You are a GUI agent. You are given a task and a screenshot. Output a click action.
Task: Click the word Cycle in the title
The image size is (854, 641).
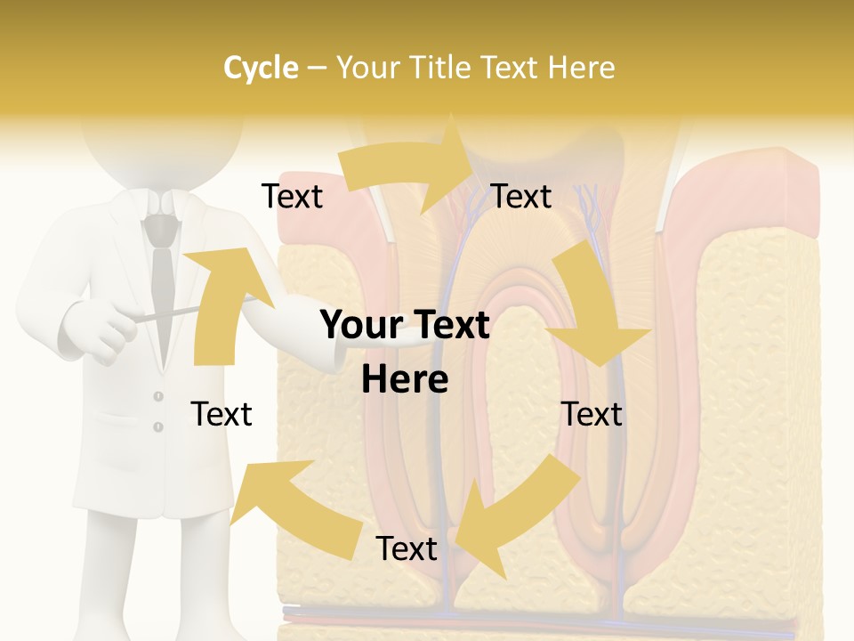tap(261, 68)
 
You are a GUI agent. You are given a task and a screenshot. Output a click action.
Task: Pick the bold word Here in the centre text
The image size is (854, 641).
tap(405, 379)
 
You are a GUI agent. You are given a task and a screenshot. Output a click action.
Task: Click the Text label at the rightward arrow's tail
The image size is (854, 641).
tap(292, 197)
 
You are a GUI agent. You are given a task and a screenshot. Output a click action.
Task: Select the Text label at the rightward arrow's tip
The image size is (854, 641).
tap(521, 197)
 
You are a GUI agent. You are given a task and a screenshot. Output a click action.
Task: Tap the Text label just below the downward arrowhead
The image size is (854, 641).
tap(592, 414)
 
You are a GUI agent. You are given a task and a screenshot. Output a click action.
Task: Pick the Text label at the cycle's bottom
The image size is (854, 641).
tap(407, 549)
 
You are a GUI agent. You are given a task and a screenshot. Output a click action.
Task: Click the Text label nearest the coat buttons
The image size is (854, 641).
tap(222, 414)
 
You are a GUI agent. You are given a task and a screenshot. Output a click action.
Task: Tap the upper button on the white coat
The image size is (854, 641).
tap(158, 395)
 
